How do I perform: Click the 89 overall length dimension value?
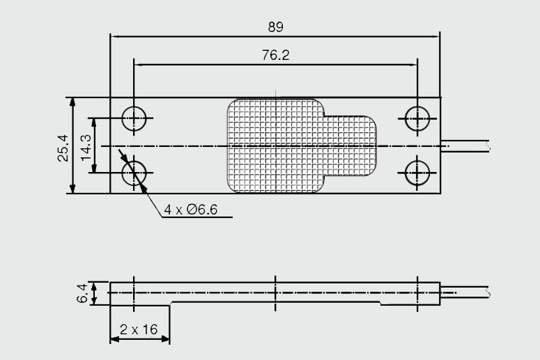tap(276, 26)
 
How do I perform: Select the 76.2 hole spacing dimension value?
tap(276, 55)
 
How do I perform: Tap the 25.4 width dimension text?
tap(63, 146)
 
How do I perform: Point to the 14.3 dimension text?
tap(86, 146)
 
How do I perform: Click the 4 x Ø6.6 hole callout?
tap(188, 210)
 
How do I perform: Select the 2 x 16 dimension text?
tap(139, 329)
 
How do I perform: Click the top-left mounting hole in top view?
tap(134, 118)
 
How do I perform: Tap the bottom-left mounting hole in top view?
tap(134, 172)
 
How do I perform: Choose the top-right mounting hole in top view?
tap(417, 118)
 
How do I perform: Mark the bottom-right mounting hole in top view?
tap(417, 172)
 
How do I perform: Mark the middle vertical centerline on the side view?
tap(276, 292)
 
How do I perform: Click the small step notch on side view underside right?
tap(380, 304)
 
